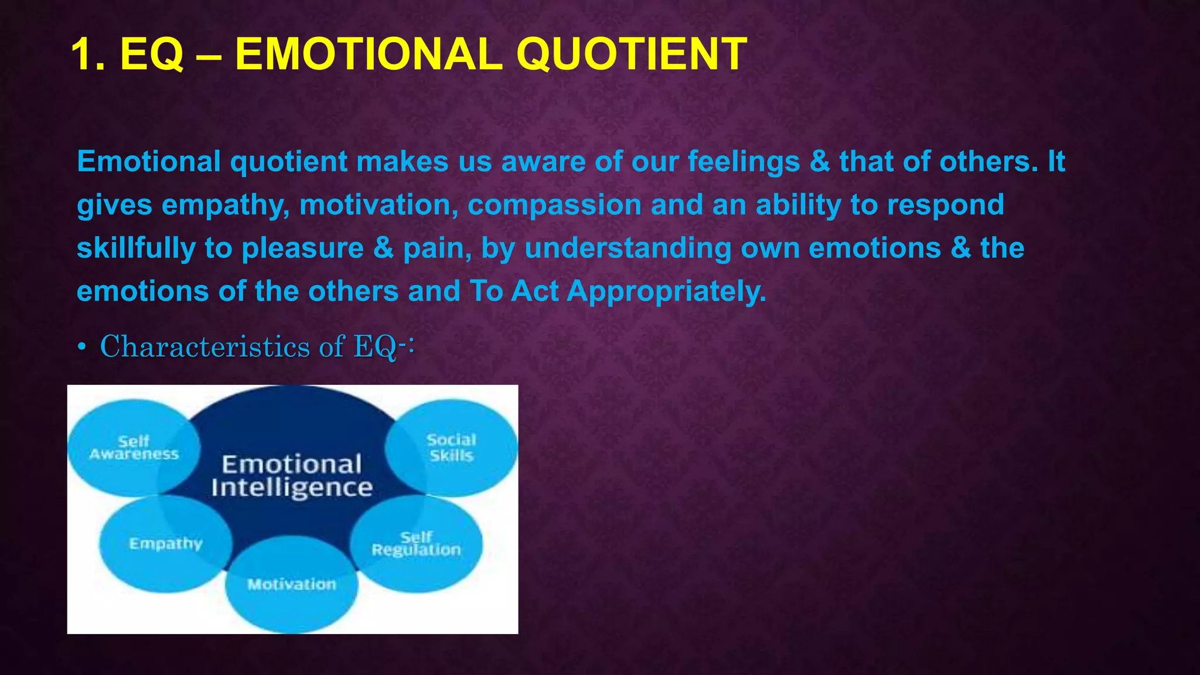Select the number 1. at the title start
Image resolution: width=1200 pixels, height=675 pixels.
tap(88, 54)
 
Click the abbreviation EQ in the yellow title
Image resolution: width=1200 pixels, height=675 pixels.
tap(152, 54)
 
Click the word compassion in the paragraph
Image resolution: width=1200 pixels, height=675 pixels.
tap(554, 206)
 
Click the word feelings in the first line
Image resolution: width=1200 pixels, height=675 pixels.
tap(744, 162)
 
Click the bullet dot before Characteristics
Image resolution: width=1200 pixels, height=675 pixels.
tap(82, 348)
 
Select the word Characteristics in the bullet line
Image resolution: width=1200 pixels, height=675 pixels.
tap(205, 346)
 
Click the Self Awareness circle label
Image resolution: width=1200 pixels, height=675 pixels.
tap(134, 448)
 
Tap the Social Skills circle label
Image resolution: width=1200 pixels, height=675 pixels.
tap(451, 448)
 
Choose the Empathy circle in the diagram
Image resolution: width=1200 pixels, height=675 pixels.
tap(165, 544)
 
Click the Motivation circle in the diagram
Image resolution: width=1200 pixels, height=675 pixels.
tap(292, 584)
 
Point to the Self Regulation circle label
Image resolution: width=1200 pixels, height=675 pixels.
tap(416, 544)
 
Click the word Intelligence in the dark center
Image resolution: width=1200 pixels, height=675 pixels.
tap(292, 487)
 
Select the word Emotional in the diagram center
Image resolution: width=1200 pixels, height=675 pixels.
tap(292, 465)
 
